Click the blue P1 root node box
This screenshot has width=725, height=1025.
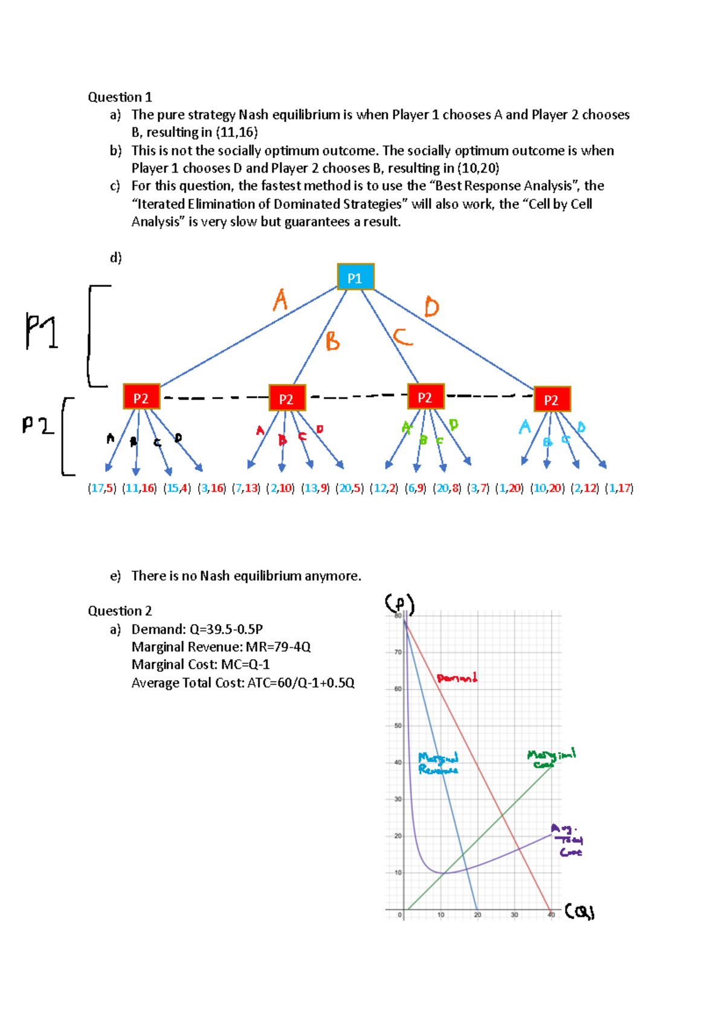(x=355, y=278)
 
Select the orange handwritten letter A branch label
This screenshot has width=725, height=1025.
(x=280, y=300)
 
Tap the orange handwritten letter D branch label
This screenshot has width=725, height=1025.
(x=431, y=307)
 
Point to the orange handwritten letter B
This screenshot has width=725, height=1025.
(x=332, y=342)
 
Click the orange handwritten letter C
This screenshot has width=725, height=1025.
(x=403, y=337)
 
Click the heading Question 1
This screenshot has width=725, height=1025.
(x=120, y=97)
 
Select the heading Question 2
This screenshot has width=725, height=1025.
(x=120, y=611)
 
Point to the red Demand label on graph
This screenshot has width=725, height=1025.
(x=457, y=678)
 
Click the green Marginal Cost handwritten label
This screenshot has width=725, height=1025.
(x=550, y=758)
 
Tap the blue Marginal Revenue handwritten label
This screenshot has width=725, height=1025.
(x=438, y=764)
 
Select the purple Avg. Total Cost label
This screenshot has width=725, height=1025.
(x=567, y=840)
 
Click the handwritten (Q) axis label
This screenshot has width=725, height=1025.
(x=580, y=912)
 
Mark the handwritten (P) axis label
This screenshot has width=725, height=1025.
(x=399, y=603)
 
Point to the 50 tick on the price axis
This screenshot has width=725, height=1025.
(x=398, y=726)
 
